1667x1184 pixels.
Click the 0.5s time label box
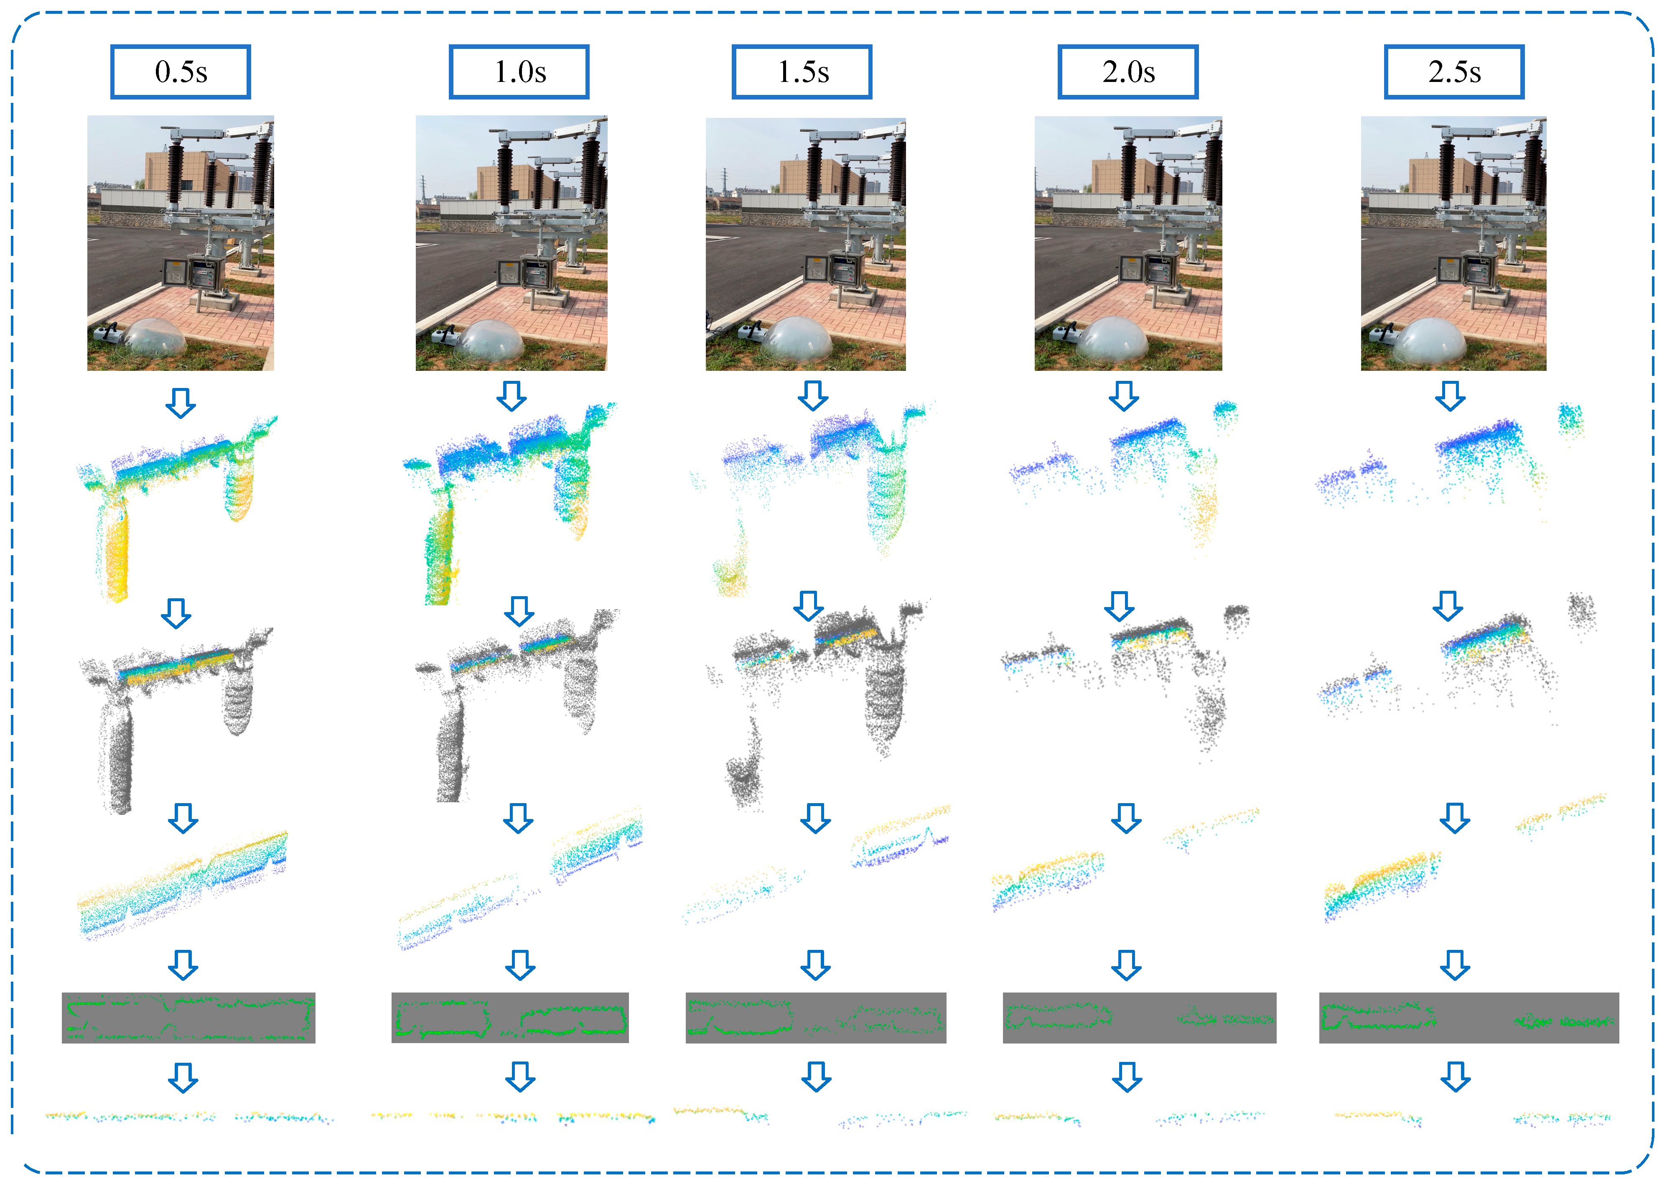tap(181, 71)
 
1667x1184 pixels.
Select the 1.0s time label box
tap(519, 71)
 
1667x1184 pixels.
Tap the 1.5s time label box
tap(802, 71)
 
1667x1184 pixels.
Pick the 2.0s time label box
tap(1128, 71)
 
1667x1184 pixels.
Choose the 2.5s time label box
tap(1454, 71)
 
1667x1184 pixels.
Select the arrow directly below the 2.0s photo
tap(1123, 396)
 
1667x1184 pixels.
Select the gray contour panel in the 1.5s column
tap(815, 1017)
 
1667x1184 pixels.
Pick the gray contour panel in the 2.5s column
tap(1469, 1017)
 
